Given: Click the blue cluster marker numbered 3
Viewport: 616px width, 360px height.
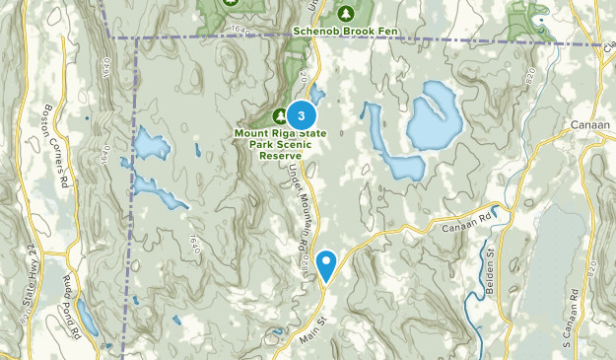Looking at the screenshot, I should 301,114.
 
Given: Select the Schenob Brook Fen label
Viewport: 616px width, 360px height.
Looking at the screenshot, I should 344,31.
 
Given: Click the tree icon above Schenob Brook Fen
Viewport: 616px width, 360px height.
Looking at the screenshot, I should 346,13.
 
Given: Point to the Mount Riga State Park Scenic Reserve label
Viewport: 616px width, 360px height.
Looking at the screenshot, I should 275,142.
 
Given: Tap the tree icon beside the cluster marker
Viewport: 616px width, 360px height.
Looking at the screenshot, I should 279,115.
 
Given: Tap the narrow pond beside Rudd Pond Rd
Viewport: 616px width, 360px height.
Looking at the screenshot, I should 86,317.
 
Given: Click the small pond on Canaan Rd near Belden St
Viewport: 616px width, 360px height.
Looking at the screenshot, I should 500,210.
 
